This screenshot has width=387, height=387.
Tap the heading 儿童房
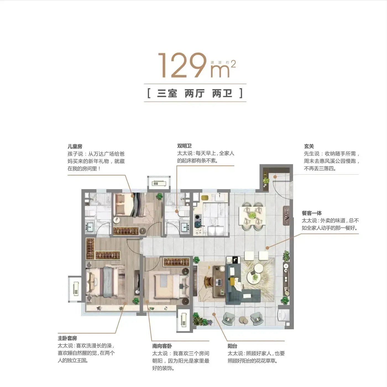75,147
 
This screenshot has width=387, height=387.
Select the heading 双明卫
184,146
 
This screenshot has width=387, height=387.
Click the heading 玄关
309,146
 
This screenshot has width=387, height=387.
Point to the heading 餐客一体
312,213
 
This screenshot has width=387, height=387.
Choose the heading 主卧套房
67,338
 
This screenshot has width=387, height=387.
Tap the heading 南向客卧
162,346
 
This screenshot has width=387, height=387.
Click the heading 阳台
232,346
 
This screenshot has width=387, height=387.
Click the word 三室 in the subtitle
167,93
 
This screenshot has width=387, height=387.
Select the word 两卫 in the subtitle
222,93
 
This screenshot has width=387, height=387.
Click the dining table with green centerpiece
252,216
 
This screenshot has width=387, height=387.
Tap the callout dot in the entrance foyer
275,177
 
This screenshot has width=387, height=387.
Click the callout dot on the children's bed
133,196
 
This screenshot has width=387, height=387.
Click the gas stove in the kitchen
198,221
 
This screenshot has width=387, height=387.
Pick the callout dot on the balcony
214,314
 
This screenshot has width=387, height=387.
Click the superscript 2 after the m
233,64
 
